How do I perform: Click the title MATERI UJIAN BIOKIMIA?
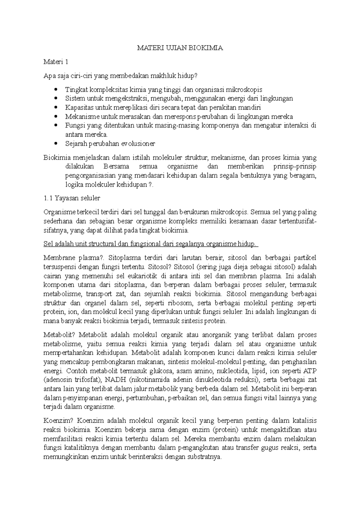point(180,48)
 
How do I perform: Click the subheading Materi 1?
point(56,62)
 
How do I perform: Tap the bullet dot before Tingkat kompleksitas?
point(56,90)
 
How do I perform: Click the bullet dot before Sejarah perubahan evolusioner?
point(56,144)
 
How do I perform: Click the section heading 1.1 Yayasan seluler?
point(72,198)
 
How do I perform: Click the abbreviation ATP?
point(310,371)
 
